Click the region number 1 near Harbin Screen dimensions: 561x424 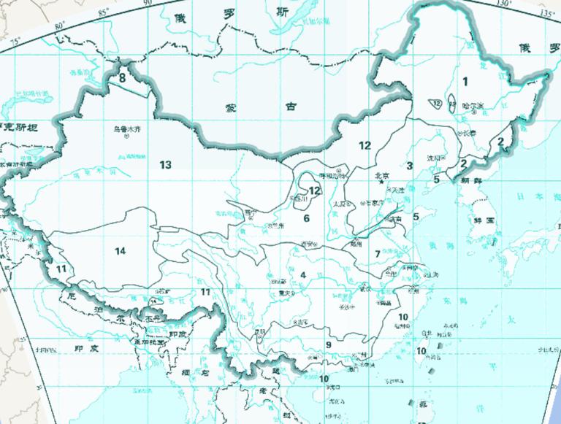click(465, 81)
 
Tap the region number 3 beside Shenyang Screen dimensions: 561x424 click(410, 166)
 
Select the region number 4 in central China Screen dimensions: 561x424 click(302, 275)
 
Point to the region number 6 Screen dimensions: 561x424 click(307, 218)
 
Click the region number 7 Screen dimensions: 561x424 click(378, 254)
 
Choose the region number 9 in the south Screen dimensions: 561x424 click(329, 344)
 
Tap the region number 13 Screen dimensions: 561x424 click(166, 164)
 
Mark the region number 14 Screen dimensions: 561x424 click(121, 251)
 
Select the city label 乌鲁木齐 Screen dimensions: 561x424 click(126, 130)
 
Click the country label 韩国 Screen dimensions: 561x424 click(484, 219)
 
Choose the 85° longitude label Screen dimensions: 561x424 click(104, 12)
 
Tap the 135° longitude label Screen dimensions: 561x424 click(546, 13)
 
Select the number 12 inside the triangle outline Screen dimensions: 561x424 click(436, 104)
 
